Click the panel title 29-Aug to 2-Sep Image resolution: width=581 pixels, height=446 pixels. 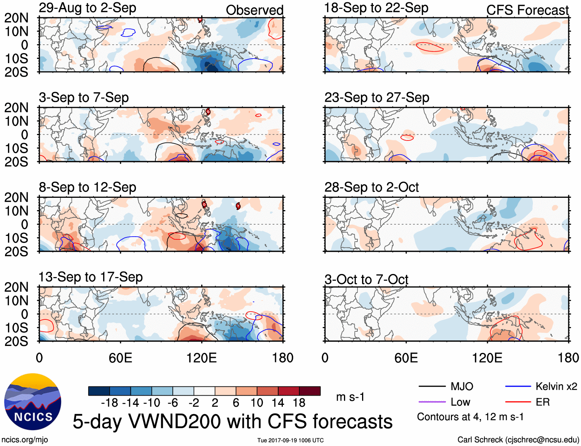coord(87,8)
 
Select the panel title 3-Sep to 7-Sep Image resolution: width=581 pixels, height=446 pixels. coord(83,98)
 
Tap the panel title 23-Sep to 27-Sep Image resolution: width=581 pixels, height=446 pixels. coord(377,98)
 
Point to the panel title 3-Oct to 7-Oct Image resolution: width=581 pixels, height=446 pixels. coord(366,279)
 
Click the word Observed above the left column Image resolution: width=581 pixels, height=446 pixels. coord(254,10)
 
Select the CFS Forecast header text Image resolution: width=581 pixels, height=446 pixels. coord(527,10)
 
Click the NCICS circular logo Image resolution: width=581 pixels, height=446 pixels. coord(33,402)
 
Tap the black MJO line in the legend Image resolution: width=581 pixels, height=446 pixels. coord(432,386)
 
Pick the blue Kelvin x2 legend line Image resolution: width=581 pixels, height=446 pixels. coord(518,386)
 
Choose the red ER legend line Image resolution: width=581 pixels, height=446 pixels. coord(518,402)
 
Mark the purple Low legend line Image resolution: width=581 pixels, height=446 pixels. coord(432,402)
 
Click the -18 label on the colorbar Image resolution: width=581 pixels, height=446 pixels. coord(109,403)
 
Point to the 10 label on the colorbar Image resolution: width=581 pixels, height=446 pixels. coord(257,403)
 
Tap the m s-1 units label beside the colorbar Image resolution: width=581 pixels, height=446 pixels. coord(350,397)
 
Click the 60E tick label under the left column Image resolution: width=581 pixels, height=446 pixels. coord(120,358)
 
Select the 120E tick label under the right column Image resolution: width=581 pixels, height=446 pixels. coord(487,358)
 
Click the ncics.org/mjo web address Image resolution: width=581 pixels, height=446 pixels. coord(25,439)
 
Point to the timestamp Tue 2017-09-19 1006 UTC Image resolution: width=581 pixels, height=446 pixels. coord(290,440)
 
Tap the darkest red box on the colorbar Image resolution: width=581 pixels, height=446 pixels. coord(310,391)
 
